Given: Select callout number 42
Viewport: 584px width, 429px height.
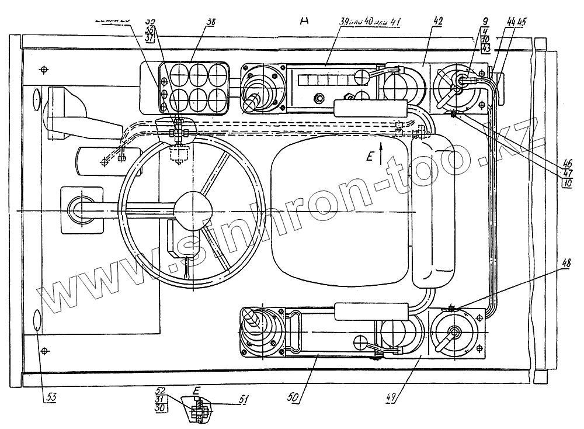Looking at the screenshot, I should click(438, 21).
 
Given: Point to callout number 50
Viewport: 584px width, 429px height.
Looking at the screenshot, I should click(294, 397).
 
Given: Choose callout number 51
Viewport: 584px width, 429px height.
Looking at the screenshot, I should click(244, 400).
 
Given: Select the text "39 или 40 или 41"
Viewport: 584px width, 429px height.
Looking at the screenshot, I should click(371, 21).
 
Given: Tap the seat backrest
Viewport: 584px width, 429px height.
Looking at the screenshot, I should click(433, 209).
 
